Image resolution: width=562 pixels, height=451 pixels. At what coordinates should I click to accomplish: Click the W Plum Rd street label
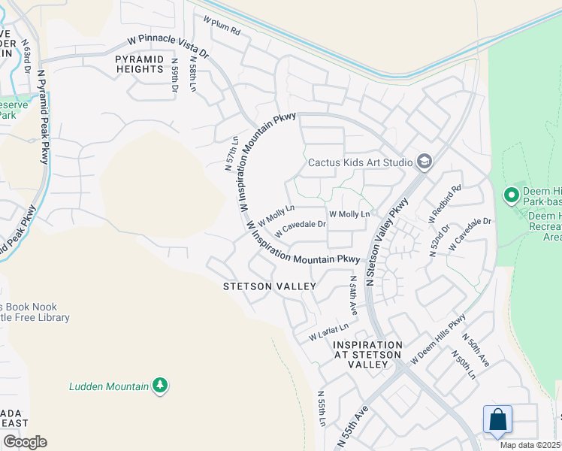222,29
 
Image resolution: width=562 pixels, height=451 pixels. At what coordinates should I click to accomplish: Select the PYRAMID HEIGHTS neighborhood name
139,63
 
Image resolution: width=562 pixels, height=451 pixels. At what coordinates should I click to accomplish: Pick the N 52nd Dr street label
439,240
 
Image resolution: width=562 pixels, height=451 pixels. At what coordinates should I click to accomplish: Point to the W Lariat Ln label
328,331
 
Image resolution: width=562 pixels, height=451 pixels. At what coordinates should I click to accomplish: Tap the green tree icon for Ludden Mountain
159,386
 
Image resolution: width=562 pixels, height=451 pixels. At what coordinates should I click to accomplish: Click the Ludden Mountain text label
109,386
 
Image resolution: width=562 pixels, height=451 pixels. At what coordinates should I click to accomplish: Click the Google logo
25,441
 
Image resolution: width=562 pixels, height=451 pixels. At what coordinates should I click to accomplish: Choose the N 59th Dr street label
175,75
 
